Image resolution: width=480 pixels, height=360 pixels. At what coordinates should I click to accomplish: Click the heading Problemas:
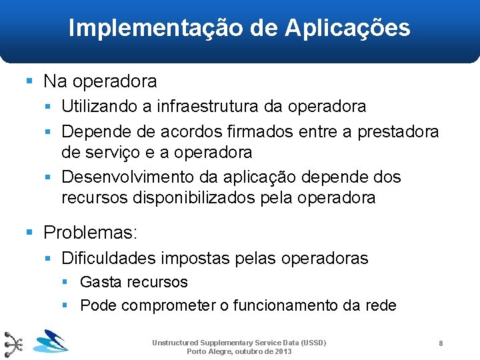(90, 233)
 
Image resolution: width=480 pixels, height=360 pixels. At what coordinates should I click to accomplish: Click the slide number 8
(441, 343)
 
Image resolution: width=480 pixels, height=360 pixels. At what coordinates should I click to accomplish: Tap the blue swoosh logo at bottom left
(50, 341)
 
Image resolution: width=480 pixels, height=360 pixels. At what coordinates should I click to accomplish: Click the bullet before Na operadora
(29, 81)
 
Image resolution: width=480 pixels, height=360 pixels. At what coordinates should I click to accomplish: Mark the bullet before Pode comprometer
(65, 305)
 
